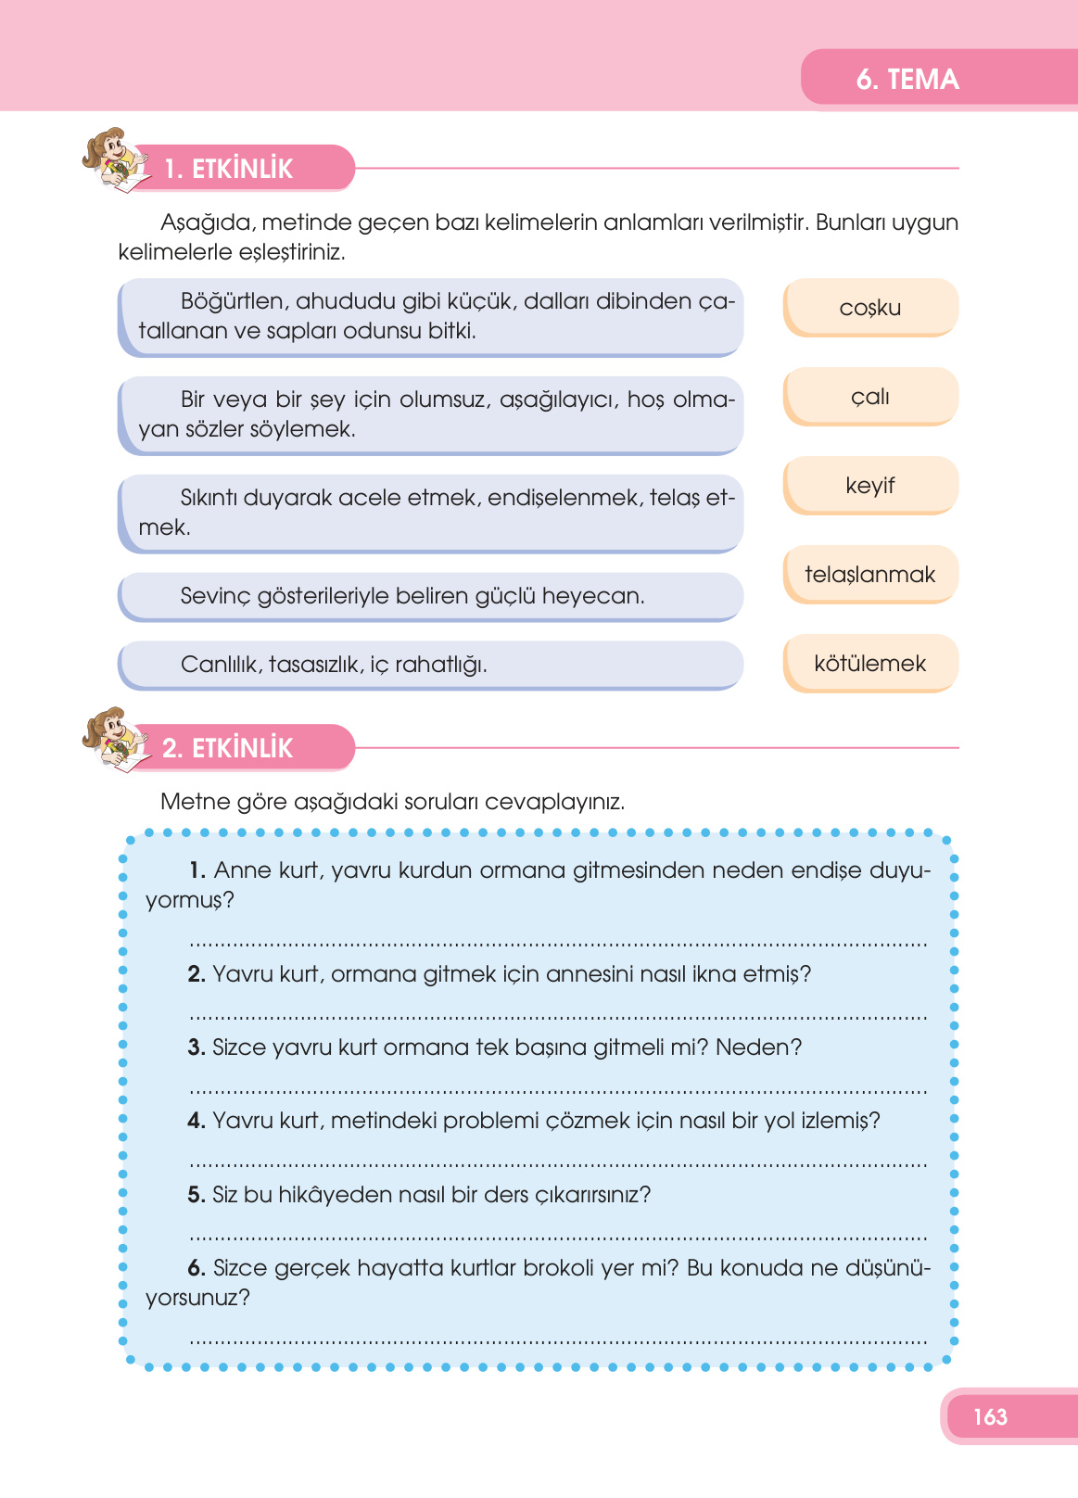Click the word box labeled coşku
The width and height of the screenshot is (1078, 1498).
tap(869, 308)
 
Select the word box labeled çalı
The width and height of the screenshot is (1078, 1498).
tap(869, 397)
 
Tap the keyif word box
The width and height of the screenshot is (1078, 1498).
tap(869, 486)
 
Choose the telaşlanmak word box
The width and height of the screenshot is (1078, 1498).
tap(869, 575)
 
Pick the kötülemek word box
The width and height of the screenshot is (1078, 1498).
tap(869, 664)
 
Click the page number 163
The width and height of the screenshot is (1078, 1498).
tap(990, 1416)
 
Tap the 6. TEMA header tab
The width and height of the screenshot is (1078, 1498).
tap(907, 79)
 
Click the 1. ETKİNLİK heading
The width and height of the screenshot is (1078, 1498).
tap(229, 169)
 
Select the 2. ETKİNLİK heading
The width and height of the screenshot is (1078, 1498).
tap(228, 748)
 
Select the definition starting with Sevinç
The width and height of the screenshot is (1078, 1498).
tap(412, 596)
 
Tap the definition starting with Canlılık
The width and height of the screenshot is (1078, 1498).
tap(334, 665)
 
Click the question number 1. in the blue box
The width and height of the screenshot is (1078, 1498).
tap(197, 870)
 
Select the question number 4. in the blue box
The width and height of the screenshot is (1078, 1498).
tap(196, 1121)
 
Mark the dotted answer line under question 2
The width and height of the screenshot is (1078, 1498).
tap(558, 1018)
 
